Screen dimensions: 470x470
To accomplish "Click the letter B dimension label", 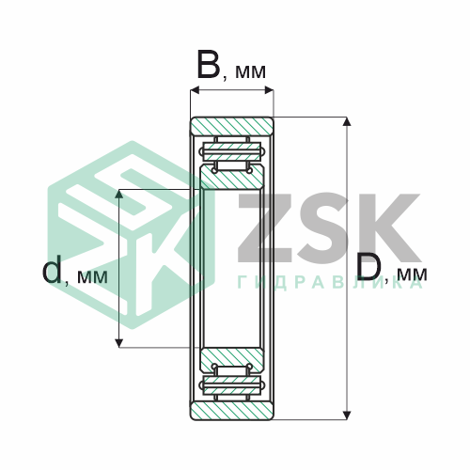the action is (209, 64).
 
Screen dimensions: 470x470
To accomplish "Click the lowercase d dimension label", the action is (52, 269).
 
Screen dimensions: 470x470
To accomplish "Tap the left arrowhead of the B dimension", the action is (195, 90).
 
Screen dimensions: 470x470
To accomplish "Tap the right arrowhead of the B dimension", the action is (269, 90).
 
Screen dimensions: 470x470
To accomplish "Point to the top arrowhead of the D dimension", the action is (346, 121).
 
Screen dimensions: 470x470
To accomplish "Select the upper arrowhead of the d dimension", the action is (118, 194).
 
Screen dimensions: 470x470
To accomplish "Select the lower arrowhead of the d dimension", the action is (118, 343).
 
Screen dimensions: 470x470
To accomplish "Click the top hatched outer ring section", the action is (232, 127).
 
